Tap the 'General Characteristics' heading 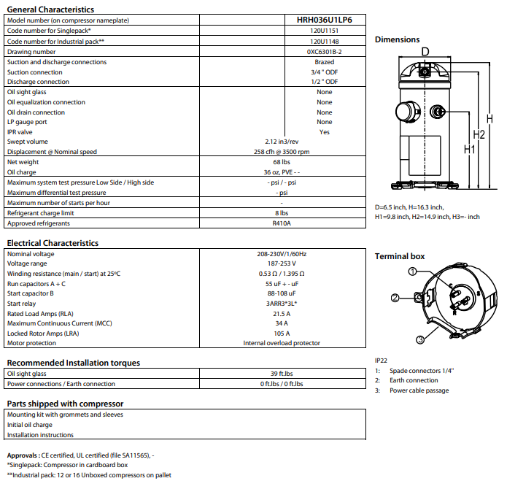pyautogui.click(x=50, y=9)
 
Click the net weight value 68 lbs pyautogui.click(x=282, y=161)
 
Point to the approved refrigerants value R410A pyautogui.click(x=282, y=223)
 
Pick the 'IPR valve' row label pyautogui.click(x=20, y=132)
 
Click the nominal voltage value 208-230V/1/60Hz pyautogui.click(x=282, y=254)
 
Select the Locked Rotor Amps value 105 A pyautogui.click(x=282, y=333)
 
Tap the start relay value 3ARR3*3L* pyautogui.click(x=282, y=303)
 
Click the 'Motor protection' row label pyautogui.click(x=32, y=343)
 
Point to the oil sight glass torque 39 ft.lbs pyautogui.click(x=282, y=374)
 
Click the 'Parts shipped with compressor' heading pyautogui.click(x=65, y=404)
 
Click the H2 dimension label pyautogui.click(x=479, y=134)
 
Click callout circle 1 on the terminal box pyautogui.click(x=412, y=272)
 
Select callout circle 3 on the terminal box pyautogui.click(x=421, y=339)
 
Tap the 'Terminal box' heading pyautogui.click(x=400, y=256)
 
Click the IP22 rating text pyautogui.click(x=382, y=361)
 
